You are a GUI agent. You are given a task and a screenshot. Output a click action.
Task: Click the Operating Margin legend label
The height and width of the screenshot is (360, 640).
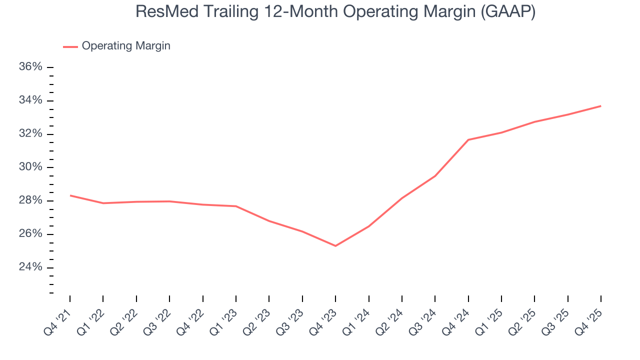coord(126,46)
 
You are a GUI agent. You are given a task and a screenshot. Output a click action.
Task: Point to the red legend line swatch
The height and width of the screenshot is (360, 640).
coord(70,46)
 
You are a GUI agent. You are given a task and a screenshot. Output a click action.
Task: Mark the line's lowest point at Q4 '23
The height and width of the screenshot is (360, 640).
coord(335,246)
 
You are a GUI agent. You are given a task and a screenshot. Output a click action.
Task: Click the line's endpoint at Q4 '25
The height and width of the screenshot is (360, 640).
coord(601,106)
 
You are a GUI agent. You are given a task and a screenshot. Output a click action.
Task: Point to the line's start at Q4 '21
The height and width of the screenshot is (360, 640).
coord(70,195)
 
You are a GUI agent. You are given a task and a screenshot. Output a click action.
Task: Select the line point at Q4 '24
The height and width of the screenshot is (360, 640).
coord(468,139)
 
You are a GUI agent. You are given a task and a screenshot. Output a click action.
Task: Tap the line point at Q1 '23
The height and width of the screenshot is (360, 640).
coord(236,206)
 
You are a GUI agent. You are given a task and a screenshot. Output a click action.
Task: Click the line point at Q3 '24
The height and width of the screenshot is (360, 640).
coord(435,176)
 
